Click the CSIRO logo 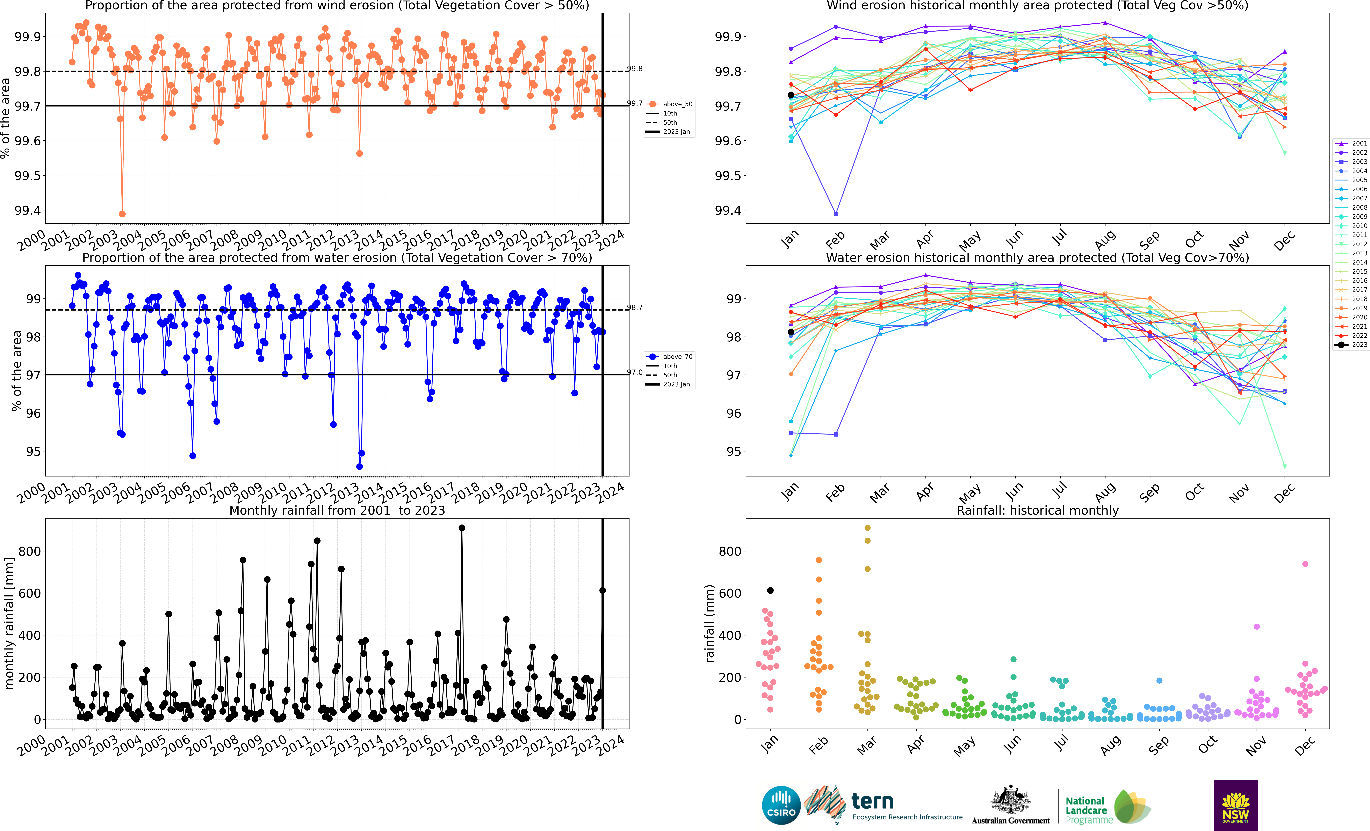coord(781,805)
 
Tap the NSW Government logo coord(1235,805)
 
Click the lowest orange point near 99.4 coord(122,214)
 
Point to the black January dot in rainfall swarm coord(770,590)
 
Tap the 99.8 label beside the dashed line coord(635,69)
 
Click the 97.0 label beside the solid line coord(635,372)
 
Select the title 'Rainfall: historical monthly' coord(1038,510)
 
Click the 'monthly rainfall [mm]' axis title coord(9,624)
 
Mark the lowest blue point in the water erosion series coord(360,466)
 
